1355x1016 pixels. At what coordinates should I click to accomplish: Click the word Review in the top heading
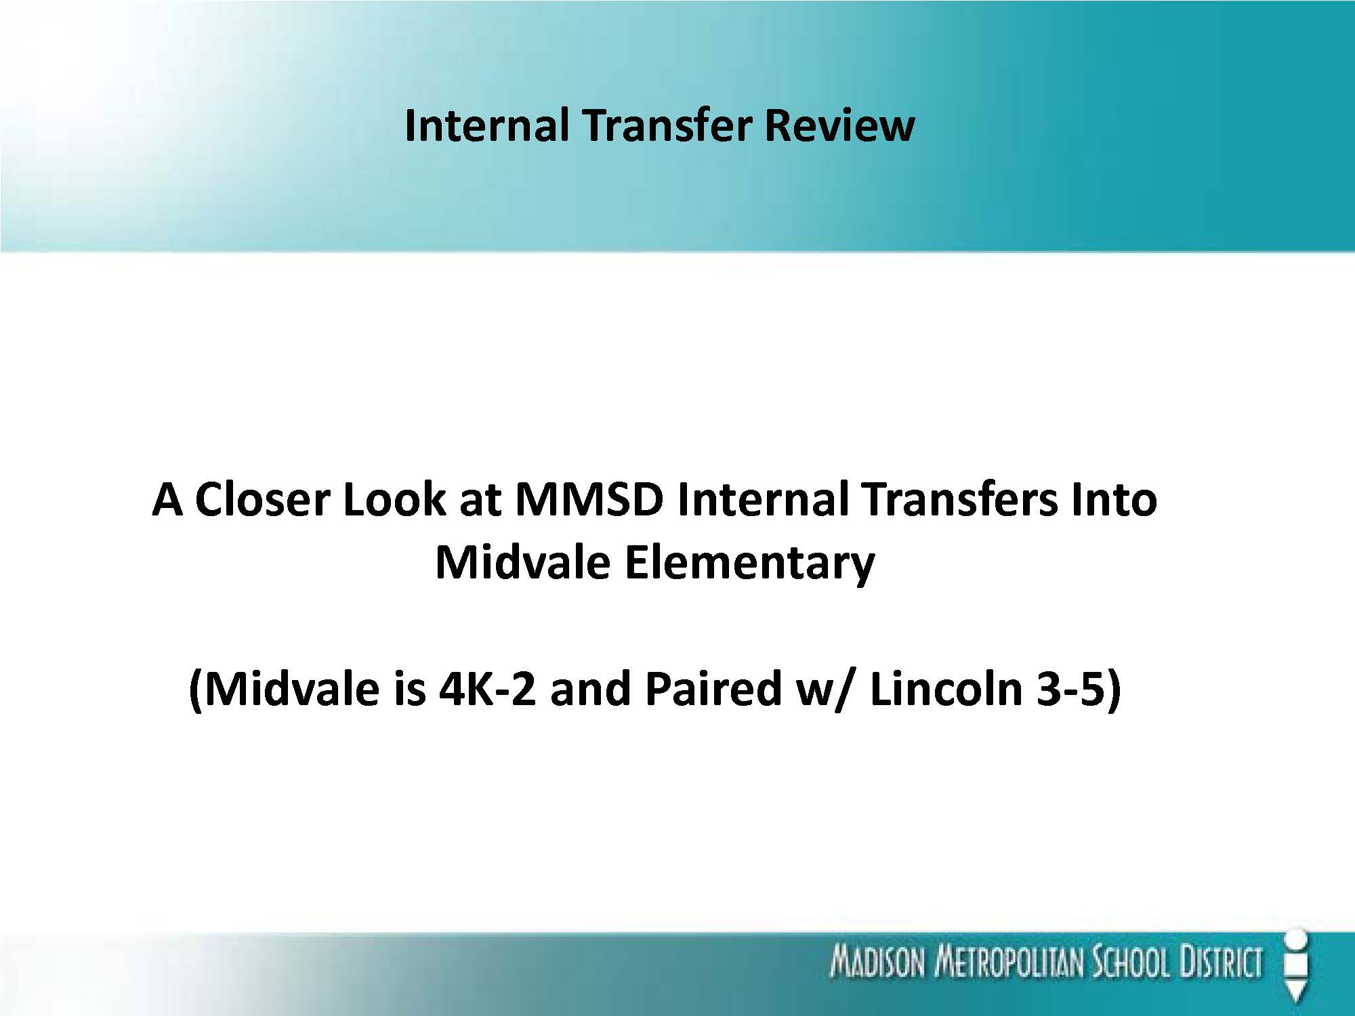839,125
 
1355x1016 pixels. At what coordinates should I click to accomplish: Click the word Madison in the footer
877,963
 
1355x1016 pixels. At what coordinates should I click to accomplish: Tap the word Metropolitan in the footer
1009,963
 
